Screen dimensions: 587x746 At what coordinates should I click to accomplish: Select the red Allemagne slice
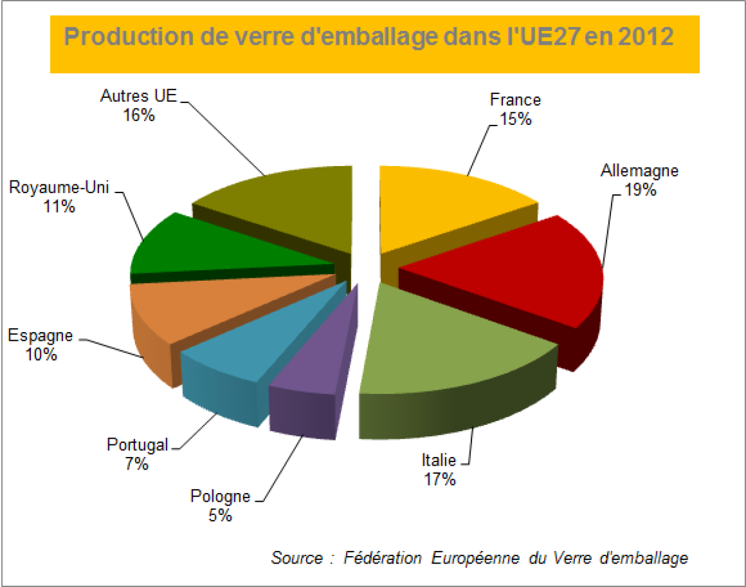coord(515,269)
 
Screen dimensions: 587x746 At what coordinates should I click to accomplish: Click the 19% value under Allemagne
coord(640,190)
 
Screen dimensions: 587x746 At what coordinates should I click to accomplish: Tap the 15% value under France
coord(515,119)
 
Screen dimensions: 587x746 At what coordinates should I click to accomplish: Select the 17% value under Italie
coord(439,479)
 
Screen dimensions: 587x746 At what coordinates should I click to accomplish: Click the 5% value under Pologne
coord(220,515)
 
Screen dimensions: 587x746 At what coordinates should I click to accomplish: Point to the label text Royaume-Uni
coord(59,187)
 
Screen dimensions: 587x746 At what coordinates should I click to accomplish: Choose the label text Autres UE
coord(138,96)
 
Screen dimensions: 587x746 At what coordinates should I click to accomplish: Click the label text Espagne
coord(40,336)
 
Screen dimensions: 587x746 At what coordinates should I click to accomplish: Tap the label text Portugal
coord(137,444)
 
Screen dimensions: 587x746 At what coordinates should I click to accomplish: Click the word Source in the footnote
coord(297,557)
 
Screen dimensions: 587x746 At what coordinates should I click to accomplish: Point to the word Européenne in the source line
coord(475,557)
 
